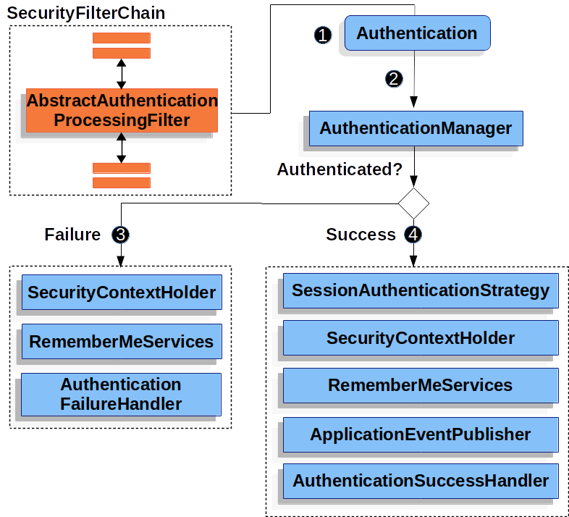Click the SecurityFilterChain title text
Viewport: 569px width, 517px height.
tap(85, 13)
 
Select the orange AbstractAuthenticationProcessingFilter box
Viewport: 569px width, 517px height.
tap(122, 111)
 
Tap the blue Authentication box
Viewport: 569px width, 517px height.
tap(417, 33)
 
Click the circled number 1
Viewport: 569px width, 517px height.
tap(323, 35)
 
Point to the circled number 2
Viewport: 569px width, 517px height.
tap(394, 79)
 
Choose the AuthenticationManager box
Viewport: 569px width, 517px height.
tap(416, 128)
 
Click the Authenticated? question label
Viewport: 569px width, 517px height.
tap(340, 169)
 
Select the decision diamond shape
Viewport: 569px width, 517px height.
tap(413, 202)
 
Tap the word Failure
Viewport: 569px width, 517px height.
tap(72, 235)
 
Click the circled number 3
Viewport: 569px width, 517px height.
tap(121, 235)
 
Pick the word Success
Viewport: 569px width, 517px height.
tap(361, 235)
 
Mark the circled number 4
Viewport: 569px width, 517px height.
tap(413, 235)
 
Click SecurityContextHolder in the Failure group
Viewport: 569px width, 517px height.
tap(122, 293)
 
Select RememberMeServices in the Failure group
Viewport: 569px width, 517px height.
tap(122, 341)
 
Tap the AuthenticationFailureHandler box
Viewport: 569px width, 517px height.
tap(121, 394)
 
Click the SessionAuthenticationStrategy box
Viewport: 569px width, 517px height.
tap(421, 291)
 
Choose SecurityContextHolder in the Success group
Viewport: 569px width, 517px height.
tap(421, 338)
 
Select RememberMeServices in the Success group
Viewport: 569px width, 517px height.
tap(421, 385)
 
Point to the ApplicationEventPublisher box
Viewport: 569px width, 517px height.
tap(421, 434)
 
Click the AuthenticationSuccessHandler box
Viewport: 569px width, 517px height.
tap(421, 481)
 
